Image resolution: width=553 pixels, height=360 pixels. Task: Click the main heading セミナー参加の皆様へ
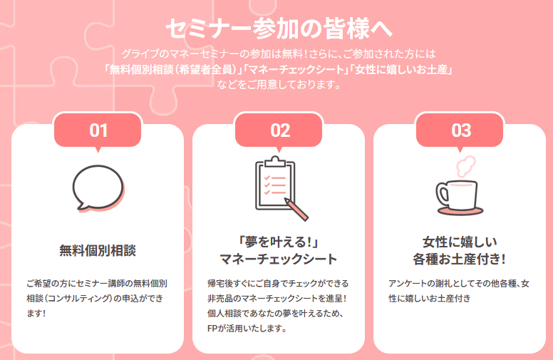[x=279, y=29]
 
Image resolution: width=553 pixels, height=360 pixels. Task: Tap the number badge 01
[x=98, y=130]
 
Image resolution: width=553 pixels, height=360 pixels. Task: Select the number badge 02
[x=279, y=130]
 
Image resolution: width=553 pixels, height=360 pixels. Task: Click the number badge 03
[x=460, y=130]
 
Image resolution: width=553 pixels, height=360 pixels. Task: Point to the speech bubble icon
[x=98, y=188]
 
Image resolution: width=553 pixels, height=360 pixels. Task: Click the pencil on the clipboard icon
[x=296, y=210]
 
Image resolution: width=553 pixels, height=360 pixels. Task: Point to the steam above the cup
[x=465, y=166]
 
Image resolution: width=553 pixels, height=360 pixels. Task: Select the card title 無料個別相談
[x=98, y=251]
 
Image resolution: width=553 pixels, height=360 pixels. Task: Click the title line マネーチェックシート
[x=279, y=259]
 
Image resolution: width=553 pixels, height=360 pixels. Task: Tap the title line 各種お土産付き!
[x=460, y=259]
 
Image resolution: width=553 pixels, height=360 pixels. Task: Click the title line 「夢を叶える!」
[x=279, y=242]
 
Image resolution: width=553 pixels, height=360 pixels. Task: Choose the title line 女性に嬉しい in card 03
[x=460, y=242]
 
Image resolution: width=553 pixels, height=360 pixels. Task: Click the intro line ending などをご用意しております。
[x=279, y=85]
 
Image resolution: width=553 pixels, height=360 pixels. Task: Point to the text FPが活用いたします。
[x=247, y=329]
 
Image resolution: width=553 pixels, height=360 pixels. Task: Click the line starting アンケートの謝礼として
[x=459, y=284]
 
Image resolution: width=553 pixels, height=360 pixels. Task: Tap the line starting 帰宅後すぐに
[x=278, y=284]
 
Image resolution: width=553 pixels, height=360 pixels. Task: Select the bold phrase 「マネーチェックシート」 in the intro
[x=296, y=70]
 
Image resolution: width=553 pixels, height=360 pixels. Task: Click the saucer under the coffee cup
[x=460, y=212]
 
